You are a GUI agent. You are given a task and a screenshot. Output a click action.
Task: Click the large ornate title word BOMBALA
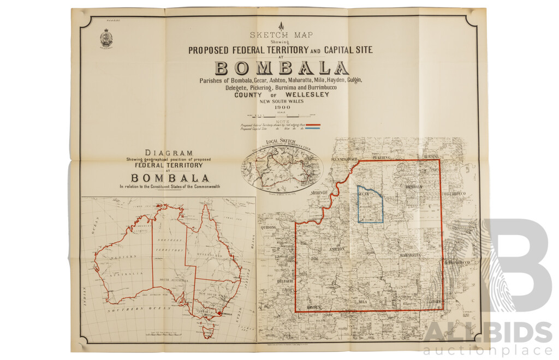[x=281, y=68]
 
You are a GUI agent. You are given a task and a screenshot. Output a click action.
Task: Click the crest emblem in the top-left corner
[x=106, y=38]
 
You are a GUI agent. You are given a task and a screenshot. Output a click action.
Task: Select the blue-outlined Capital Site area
[x=370, y=205]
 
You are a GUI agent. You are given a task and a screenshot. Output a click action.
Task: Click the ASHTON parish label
[x=336, y=249]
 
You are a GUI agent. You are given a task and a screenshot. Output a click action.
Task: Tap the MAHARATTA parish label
[x=409, y=255]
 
